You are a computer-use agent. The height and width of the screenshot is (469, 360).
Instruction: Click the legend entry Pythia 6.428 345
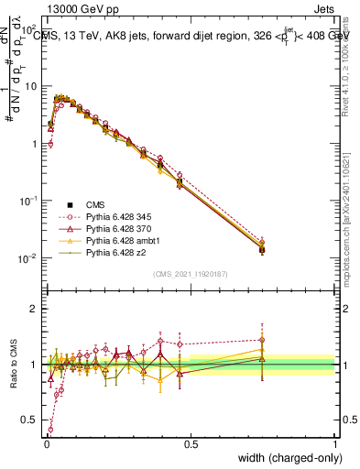[115, 215]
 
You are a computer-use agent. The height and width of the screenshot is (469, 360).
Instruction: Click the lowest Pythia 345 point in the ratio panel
[50, 429]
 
